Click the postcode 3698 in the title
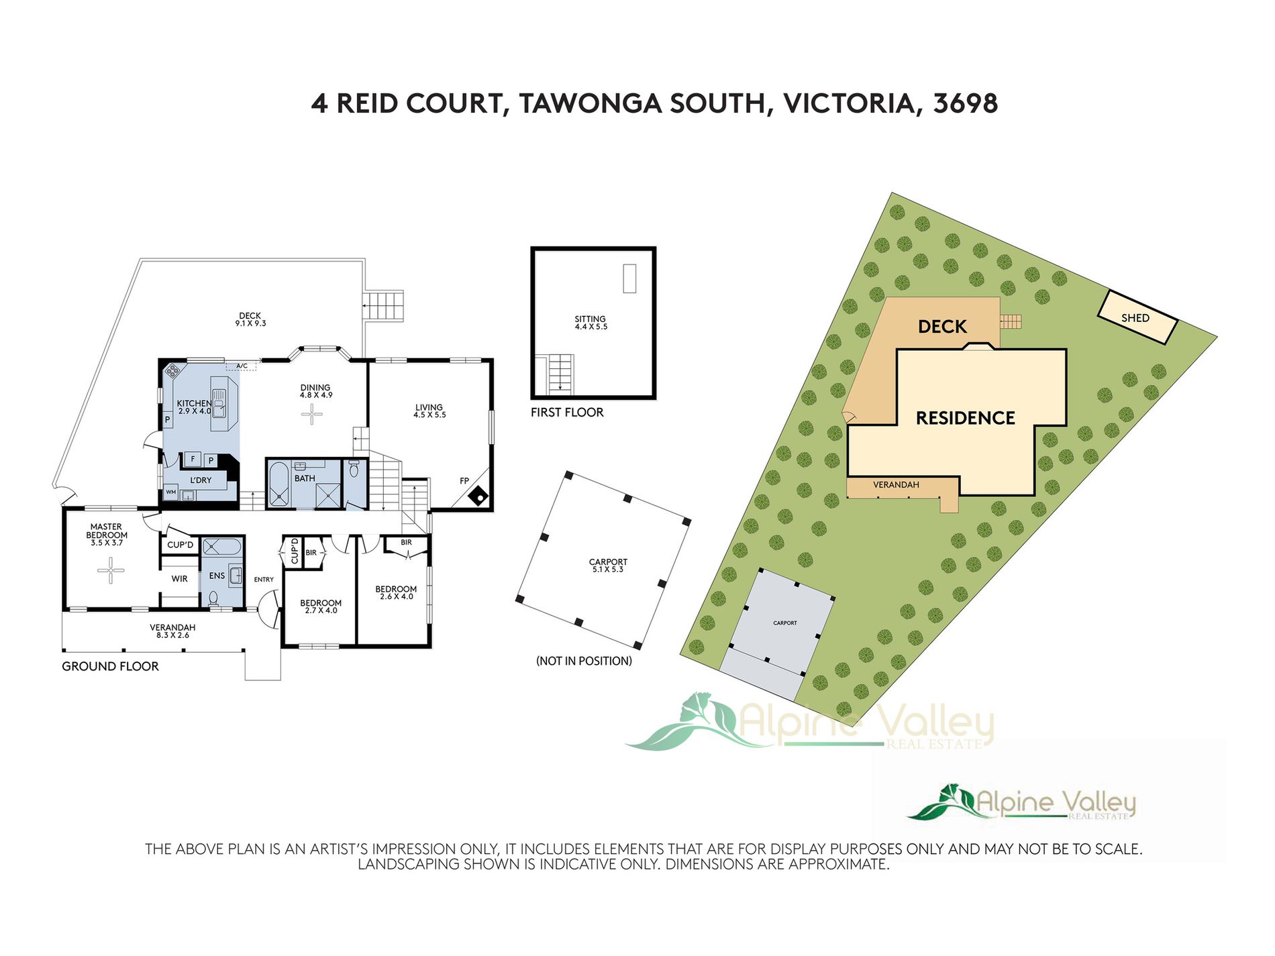tap(965, 103)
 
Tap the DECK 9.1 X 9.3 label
tap(250, 319)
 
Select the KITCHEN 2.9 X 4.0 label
tap(194, 407)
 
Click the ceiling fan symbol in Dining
tap(311, 415)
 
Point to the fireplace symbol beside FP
tap(480, 497)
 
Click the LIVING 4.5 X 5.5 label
tap(429, 411)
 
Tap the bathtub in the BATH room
tap(278, 484)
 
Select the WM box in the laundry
tap(171, 492)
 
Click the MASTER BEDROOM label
tap(107, 534)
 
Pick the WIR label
tap(179, 578)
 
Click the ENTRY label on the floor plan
tap(264, 579)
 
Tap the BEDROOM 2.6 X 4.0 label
tap(396, 592)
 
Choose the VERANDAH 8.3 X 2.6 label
tap(172, 631)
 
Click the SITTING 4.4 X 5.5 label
tap(590, 323)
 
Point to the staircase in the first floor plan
tap(561, 374)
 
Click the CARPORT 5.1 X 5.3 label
tap(608, 566)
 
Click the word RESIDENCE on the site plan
tap(965, 418)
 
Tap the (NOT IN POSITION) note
tap(584, 661)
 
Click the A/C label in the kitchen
tap(242, 366)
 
